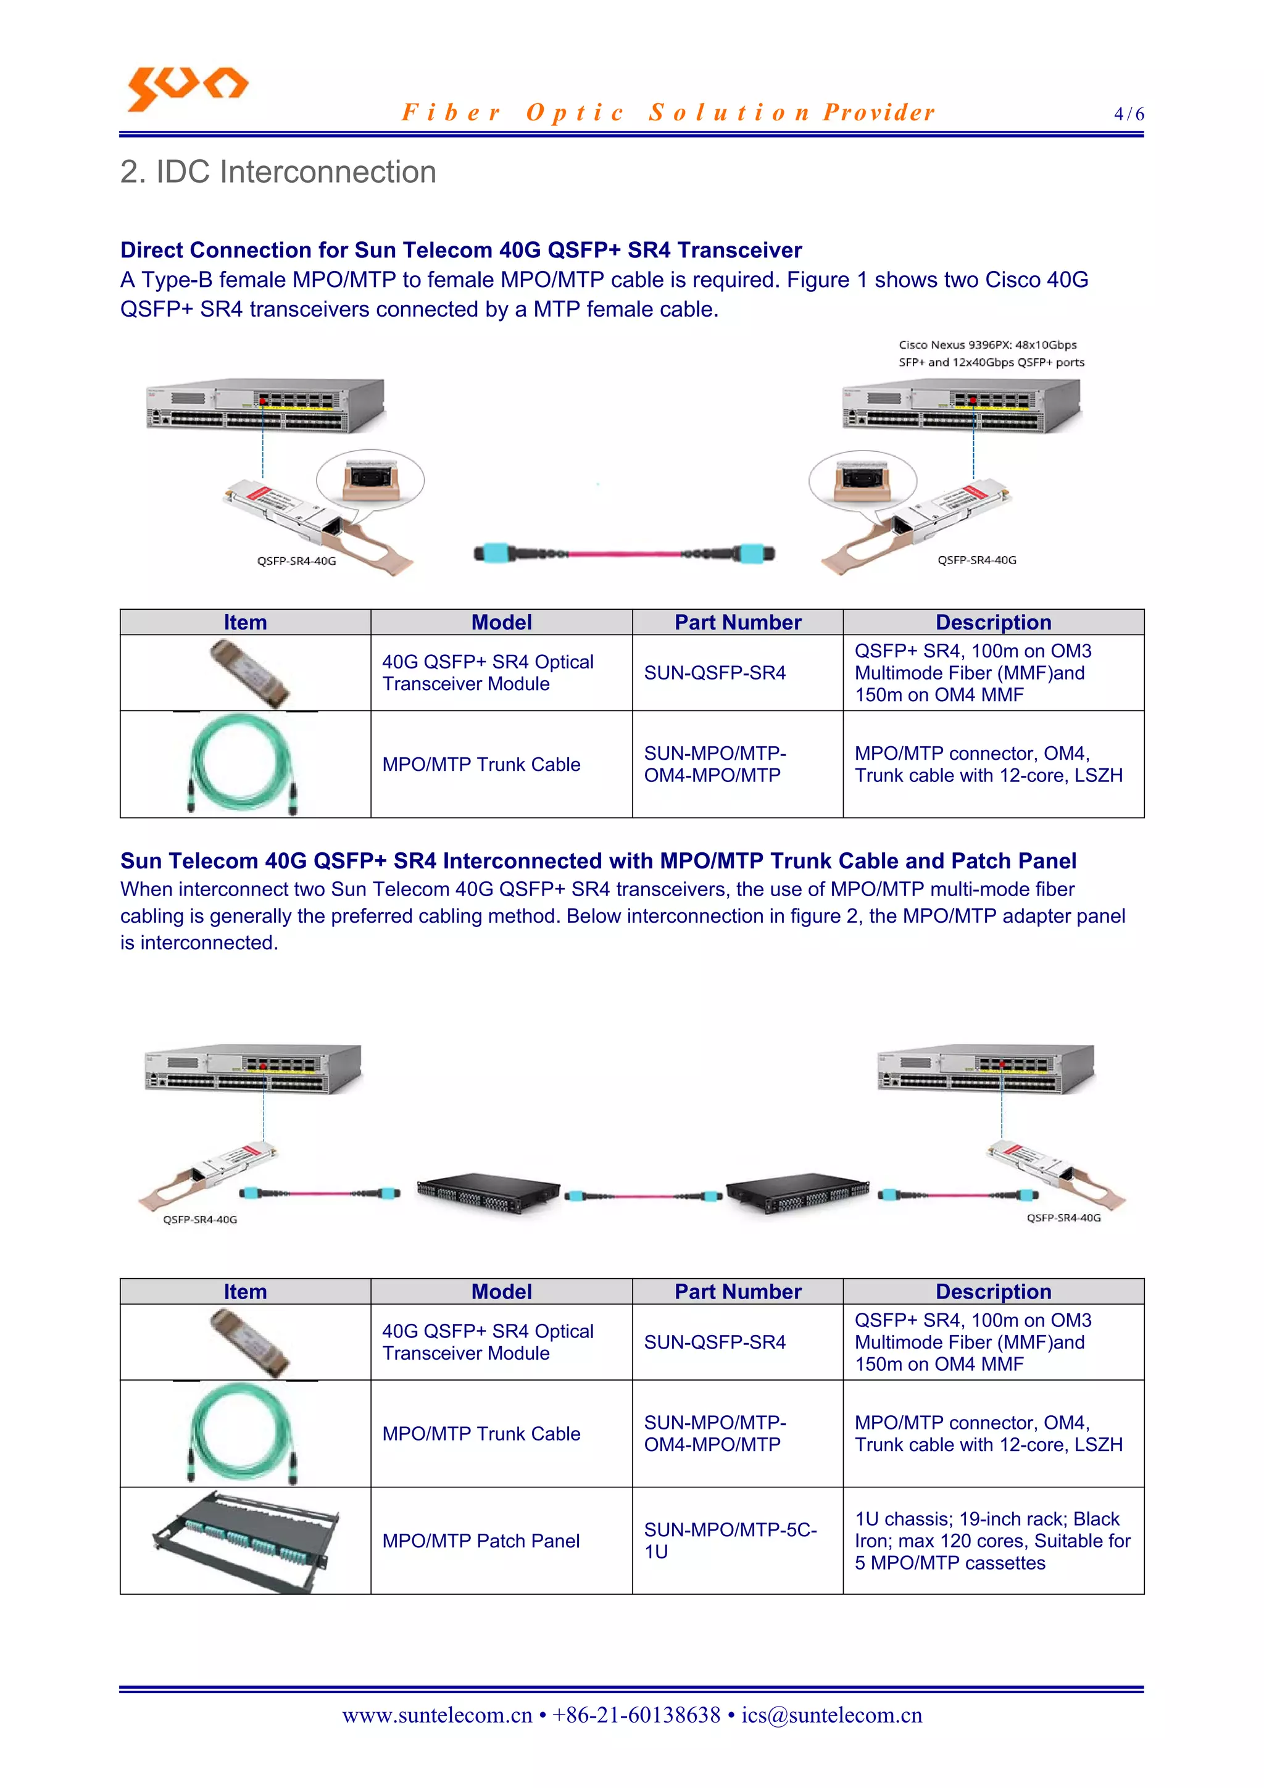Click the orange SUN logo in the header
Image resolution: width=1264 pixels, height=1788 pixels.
(187, 87)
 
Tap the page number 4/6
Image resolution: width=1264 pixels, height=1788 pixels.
(1128, 114)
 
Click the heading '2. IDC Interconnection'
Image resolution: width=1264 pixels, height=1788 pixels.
(278, 172)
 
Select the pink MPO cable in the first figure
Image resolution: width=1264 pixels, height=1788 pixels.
(624, 554)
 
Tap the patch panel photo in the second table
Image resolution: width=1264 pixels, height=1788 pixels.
(245, 1541)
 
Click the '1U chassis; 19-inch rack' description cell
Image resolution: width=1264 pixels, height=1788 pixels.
(993, 1541)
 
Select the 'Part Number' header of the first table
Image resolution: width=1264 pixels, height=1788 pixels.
(737, 622)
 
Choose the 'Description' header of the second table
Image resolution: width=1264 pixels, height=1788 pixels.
(993, 1291)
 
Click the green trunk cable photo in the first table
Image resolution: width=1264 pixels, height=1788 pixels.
(243, 764)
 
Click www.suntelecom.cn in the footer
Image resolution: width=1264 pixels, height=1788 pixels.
(437, 1715)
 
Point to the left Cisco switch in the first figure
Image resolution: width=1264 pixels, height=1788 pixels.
(265, 405)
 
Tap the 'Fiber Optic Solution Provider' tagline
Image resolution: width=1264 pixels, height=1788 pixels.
(668, 113)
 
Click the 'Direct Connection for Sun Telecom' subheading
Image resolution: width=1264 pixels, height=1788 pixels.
(460, 250)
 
